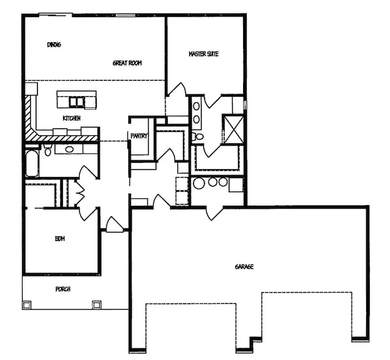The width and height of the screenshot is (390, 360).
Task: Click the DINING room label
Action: [54, 45]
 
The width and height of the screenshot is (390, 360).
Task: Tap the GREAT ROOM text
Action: [127, 63]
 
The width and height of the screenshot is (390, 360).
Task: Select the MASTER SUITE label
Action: [203, 54]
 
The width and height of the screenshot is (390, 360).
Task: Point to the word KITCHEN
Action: [72, 118]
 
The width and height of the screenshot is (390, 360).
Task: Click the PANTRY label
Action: [139, 136]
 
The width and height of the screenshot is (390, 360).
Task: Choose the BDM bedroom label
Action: [60, 239]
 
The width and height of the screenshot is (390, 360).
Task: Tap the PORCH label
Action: [63, 289]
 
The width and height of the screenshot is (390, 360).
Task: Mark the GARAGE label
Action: [244, 267]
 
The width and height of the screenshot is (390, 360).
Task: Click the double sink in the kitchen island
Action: [77, 102]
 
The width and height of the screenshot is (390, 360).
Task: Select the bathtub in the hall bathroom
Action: [32, 163]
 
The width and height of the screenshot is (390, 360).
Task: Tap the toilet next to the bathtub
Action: [48, 150]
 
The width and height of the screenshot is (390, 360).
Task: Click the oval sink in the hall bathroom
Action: [69, 149]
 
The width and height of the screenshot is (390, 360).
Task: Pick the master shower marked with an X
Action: [233, 129]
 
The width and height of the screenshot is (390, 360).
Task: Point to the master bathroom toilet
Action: [198, 137]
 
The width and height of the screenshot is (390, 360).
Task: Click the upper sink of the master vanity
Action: [197, 107]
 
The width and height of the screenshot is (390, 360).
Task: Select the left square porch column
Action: [26, 304]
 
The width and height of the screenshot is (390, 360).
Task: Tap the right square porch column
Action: [97, 304]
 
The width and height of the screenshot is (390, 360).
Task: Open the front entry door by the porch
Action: [114, 225]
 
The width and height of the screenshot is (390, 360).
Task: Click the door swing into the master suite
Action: [177, 89]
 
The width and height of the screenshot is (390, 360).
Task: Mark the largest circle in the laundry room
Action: [199, 183]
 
